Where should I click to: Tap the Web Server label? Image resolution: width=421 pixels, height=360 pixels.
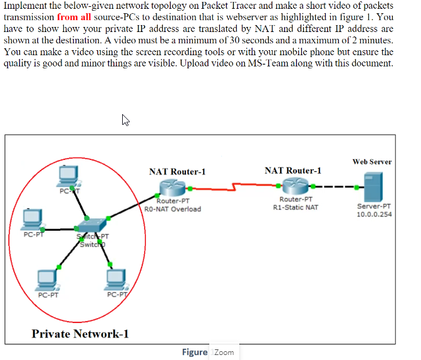pos(372,162)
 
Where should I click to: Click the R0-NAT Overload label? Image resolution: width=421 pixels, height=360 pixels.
pos(173,209)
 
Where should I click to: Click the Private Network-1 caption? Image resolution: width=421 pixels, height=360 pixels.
pos(81,334)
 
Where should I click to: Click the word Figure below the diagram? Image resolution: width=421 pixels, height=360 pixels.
pos(194,352)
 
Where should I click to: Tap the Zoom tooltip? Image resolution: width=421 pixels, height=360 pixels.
pos(224,352)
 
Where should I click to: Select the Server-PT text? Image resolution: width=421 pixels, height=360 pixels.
pos(375,206)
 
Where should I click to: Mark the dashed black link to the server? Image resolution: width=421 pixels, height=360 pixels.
pos(332,186)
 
